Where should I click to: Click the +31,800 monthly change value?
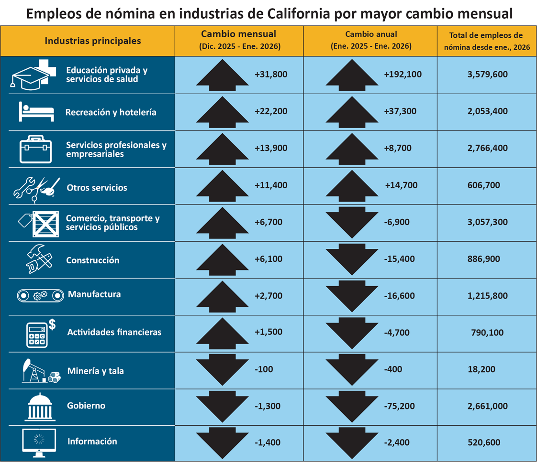click(271, 74)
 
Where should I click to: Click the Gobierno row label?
click(86, 406)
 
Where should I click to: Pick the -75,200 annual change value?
click(400, 406)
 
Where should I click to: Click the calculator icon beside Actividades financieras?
click(37, 333)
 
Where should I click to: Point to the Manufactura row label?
click(94, 294)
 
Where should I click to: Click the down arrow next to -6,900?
click(352, 223)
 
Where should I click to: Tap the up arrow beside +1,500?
click(223, 333)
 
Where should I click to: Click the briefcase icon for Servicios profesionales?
click(34, 149)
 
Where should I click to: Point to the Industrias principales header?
click(93, 40)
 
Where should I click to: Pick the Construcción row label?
click(93, 260)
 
